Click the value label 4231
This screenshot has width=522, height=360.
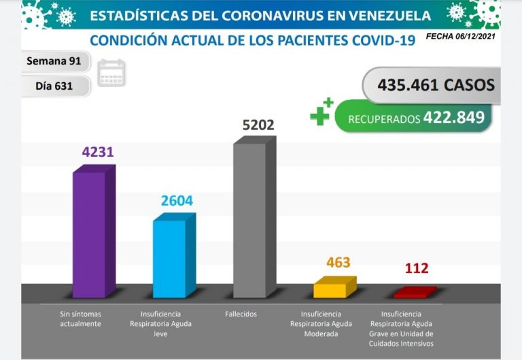pyautogui.click(x=97, y=153)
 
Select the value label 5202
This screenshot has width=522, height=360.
pyautogui.click(x=259, y=126)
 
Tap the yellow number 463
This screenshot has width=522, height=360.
pyautogui.click(x=338, y=262)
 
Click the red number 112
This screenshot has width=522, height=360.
pyautogui.click(x=417, y=268)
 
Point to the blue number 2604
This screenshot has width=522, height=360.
pyautogui.click(x=177, y=201)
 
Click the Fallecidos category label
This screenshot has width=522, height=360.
pyautogui.click(x=241, y=314)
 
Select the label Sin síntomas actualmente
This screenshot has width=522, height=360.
pyautogui.click(x=80, y=319)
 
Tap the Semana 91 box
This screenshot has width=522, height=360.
pyautogui.click(x=54, y=61)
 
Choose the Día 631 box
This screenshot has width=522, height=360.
pyautogui.click(x=54, y=86)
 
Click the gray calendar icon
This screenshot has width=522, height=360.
pyautogui.click(x=111, y=73)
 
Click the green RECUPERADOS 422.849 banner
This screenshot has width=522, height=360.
pyautogui.click(x=415, y=118)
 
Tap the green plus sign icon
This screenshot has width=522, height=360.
pyautogui.click(x=321, y=113)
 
